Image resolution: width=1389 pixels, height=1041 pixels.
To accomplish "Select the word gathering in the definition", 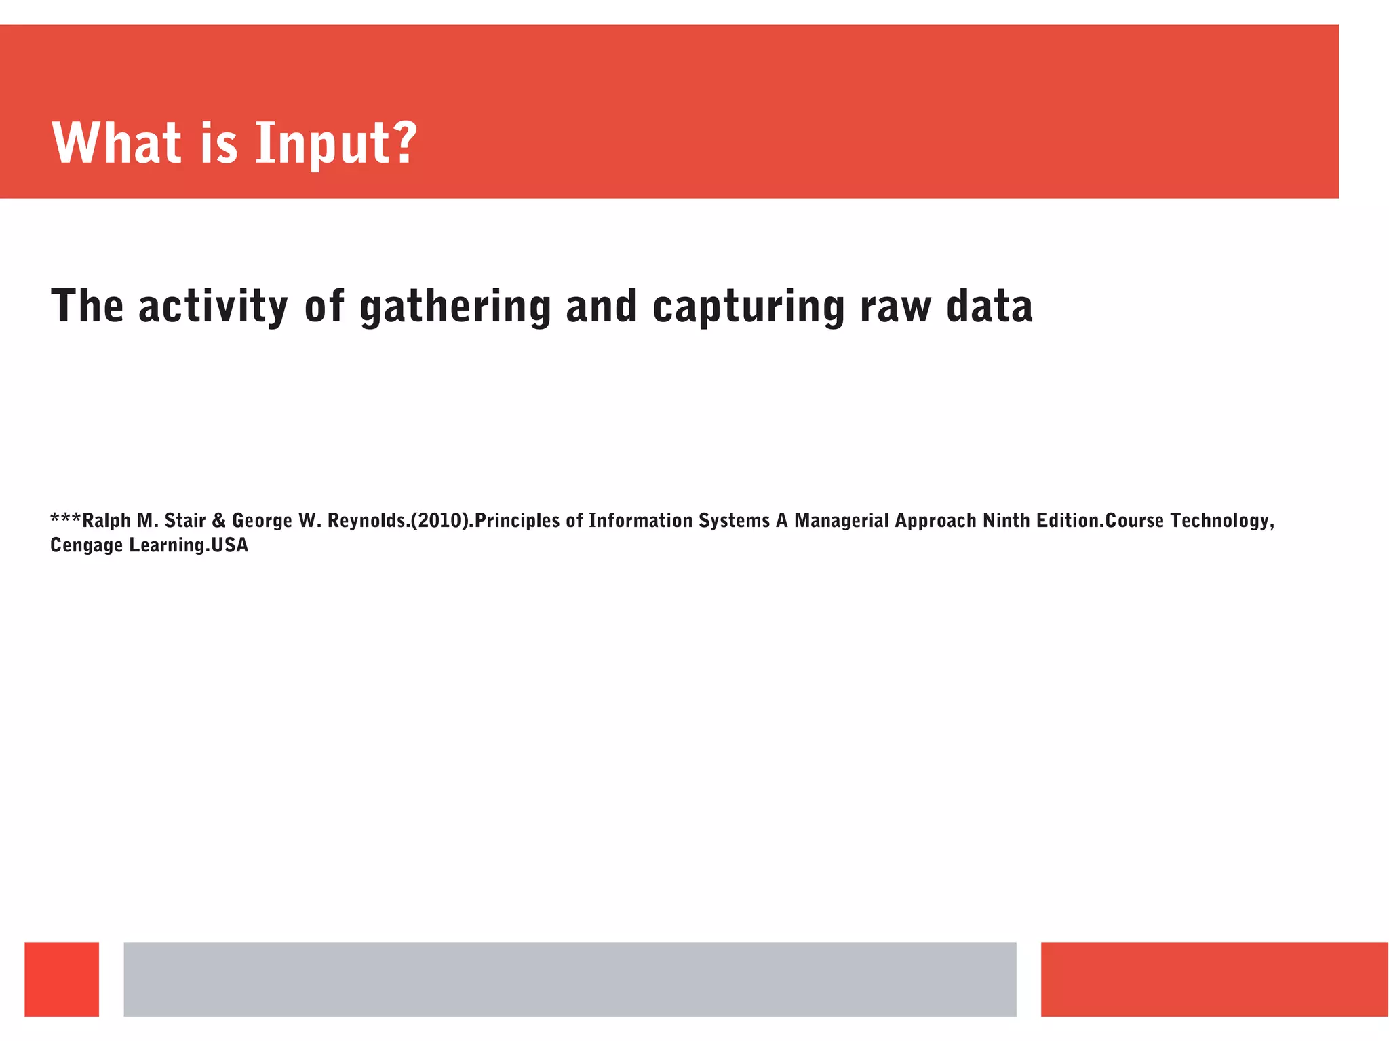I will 454,307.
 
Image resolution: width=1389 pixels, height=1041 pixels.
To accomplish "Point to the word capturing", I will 748,307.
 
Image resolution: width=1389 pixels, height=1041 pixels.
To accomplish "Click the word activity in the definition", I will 213,307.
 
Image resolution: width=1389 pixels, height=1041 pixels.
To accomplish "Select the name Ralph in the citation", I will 106,521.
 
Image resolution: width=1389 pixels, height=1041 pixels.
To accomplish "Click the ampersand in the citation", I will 218,521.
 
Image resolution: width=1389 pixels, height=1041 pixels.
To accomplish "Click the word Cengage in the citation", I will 86,545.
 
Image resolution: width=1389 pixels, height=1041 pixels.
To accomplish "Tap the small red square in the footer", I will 62,979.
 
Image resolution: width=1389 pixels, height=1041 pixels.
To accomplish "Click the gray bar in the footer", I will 570,979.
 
